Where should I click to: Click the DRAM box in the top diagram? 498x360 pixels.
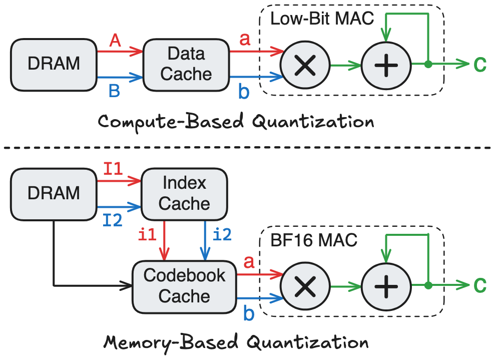pyautogui.click(x=54, y=64)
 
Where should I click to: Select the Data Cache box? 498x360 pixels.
pyautogui.click(x=186, y=64)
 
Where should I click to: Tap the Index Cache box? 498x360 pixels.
pyautogui.click(x=184, y=193)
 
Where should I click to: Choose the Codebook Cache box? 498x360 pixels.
pyautogui.click(x=184, y=285)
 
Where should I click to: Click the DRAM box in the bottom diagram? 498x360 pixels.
pyautogui.click(x=54, y=193)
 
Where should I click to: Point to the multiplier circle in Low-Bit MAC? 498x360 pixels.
pyautogui.click(x=305, y=66)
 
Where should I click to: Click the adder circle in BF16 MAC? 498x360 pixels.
pyautogui.click(x=385, y=286)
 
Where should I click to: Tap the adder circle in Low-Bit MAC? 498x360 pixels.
pyautogui.click(x=385, y=66)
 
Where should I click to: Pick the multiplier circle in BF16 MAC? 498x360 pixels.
pyautogui.click(x=305, y=286)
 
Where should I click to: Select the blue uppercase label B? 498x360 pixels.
pyautogui.click(x=116, y=90)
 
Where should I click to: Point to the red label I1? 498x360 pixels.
pyautogui.click(x=115, y=169)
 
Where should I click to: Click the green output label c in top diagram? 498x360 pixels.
pyautogui.click(x=479, y=64)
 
